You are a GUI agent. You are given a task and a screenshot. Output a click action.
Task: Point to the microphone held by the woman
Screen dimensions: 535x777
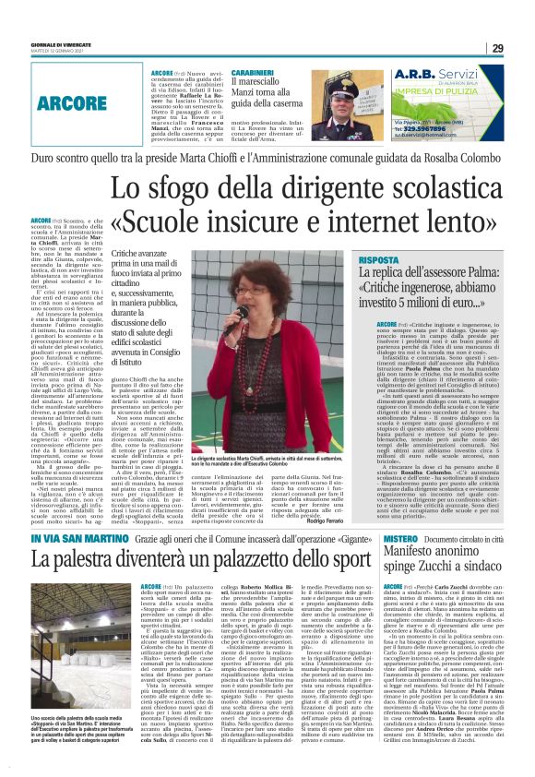coord(241,312)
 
